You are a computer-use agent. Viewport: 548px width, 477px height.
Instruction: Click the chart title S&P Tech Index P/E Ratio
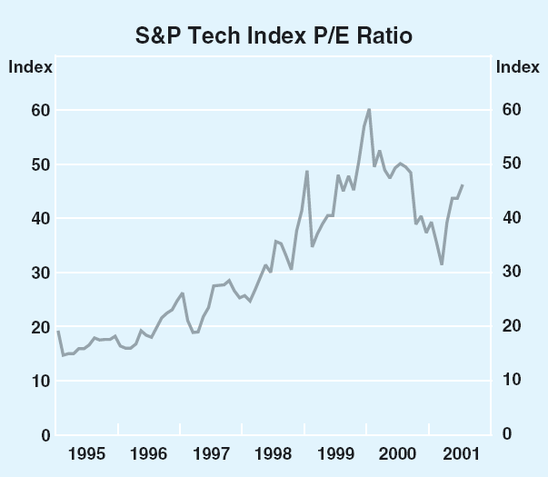(274, 36)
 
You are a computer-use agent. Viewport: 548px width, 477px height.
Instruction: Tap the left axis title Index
(31, 66)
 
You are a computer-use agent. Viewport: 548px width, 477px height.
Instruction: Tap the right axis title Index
(517, 66)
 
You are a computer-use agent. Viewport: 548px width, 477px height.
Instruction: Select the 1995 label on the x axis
(86, 452)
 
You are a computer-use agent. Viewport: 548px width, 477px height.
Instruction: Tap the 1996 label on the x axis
(149, 452)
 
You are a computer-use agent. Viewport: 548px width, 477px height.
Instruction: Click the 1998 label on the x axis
(274, 452)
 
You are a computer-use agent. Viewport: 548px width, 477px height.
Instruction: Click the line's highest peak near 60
(369, 109)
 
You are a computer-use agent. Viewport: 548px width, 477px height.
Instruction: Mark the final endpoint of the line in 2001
(463, 185)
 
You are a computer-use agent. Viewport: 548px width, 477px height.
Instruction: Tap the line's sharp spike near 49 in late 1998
(307, 172)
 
